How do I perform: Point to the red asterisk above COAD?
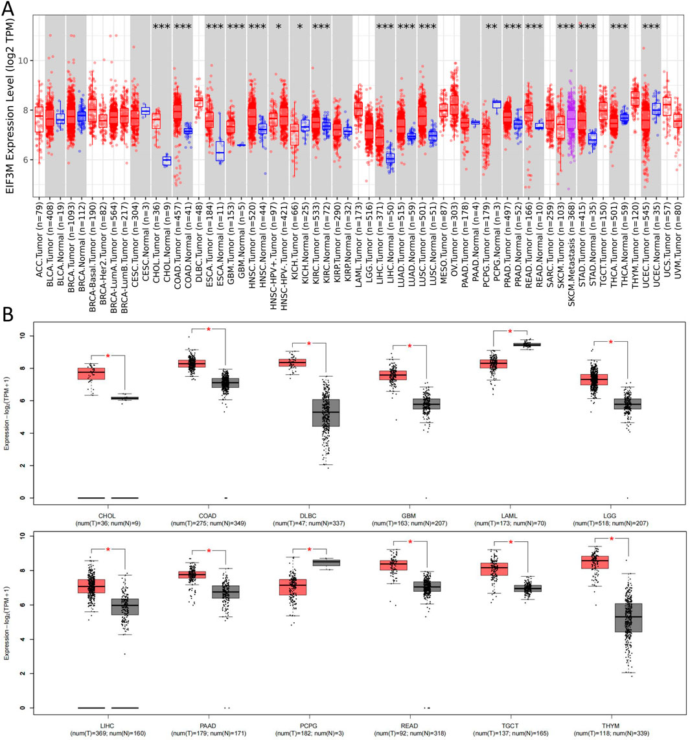(209, 330)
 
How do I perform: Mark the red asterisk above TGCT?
(511, 541)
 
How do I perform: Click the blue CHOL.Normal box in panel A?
(167, 160)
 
